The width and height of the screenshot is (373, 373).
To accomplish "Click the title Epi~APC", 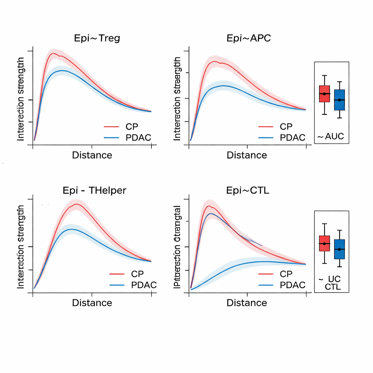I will [x=248, y=38].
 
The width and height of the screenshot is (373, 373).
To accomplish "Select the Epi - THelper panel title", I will [x=94, y=190].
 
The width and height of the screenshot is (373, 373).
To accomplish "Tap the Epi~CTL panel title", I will [x=248, y=190].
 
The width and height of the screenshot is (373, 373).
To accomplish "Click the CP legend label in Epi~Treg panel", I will [x=132, y=127].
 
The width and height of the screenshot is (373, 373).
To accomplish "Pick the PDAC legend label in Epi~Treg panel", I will [x=138, y=137].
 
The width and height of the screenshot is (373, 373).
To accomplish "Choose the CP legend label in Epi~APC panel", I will [x=286, y=127].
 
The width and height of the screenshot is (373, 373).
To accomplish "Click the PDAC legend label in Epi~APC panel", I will [x=292, y=138].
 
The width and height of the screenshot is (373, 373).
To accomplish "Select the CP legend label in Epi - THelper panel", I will [x=137, y=274].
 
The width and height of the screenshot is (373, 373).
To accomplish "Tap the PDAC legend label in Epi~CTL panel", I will [x=292, y=285].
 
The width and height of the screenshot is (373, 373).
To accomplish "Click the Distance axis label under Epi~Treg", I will [x=92, y=155].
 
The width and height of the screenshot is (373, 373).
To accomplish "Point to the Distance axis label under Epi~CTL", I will [x=247, y=303].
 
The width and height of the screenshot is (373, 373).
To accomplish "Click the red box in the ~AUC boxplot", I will [x=324, y=94].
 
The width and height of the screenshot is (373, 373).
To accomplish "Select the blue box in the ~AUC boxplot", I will [x=339, y=100].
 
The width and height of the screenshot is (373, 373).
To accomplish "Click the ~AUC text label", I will [x=330, y=137].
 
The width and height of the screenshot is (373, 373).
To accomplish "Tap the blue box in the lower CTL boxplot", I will [x=339, y=249].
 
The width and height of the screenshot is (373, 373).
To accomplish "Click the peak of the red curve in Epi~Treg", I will [x=54, y=54].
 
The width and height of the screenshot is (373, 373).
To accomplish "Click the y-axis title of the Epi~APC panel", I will [x=177, y=99].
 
